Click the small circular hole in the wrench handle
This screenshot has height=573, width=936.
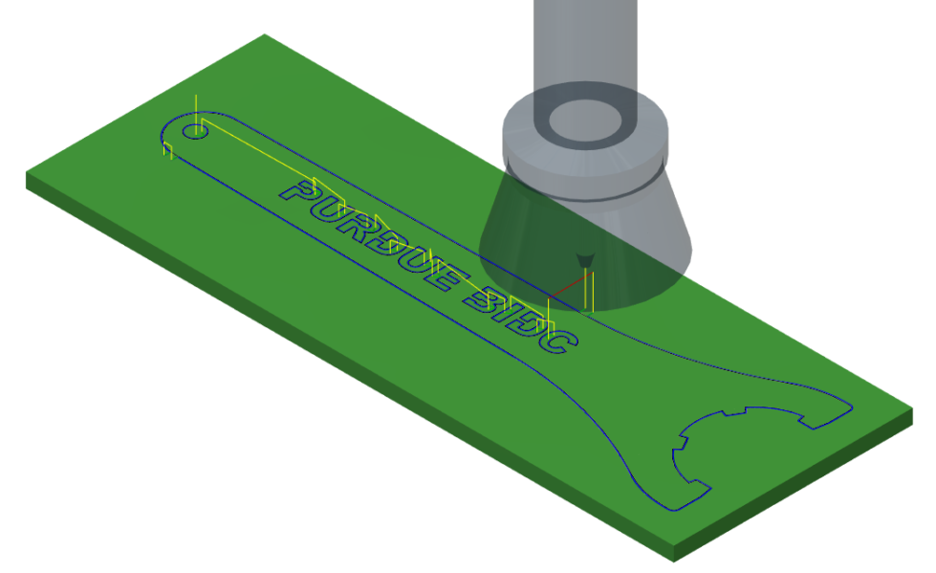tap(195, 129)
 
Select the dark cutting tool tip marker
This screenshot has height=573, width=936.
tap(584, 258)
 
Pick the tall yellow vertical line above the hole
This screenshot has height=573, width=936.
tap(194, 108)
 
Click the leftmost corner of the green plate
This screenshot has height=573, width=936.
tap(27, 175)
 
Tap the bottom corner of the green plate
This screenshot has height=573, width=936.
tap(675, 553)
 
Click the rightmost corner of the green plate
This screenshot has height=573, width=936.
tap(911, 408)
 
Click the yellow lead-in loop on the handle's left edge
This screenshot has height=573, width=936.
tap(167, 148)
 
